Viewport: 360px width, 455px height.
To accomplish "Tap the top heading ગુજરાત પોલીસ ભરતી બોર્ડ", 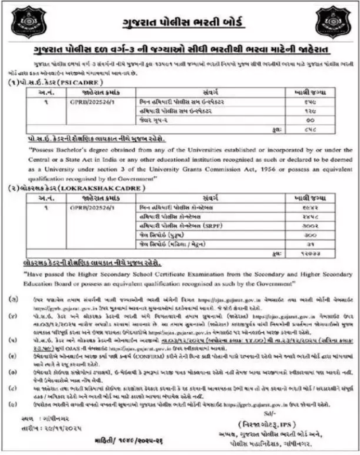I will tap(179, 23).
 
